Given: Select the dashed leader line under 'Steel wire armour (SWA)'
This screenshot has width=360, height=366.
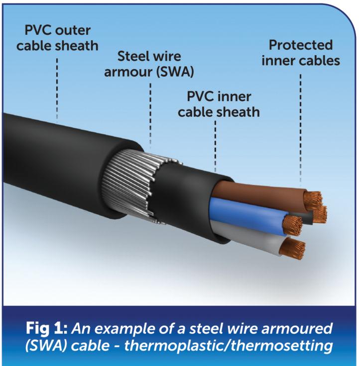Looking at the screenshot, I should (151, 114).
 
